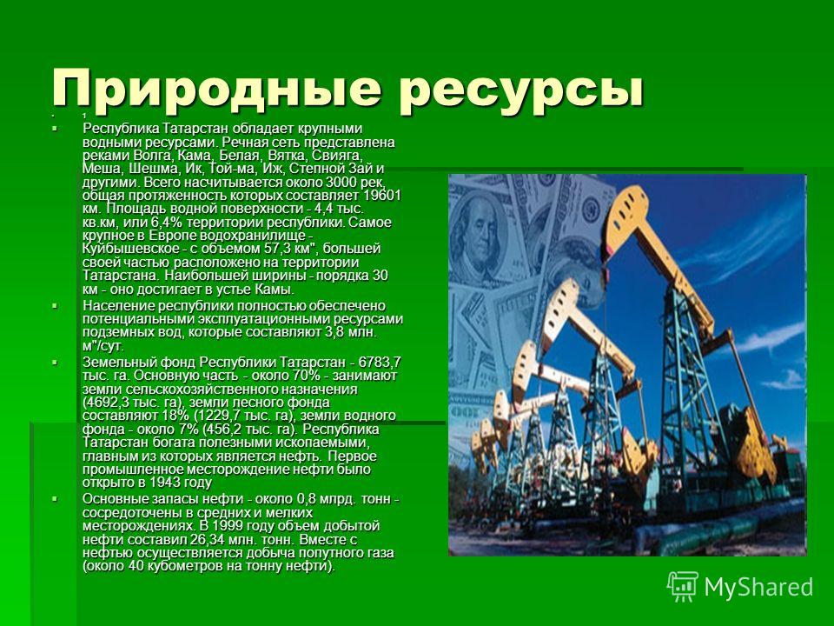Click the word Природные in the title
tap(216, 89)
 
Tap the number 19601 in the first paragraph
tap(383, 195)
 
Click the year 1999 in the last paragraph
tap(228, 526)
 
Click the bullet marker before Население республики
tap(54, 306)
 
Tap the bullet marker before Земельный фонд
tap(54, 363)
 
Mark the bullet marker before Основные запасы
tap(54, 499)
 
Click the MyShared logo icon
tap(683, 587)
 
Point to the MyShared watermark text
tap(758, 587)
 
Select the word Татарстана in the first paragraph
tap(121, 276)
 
